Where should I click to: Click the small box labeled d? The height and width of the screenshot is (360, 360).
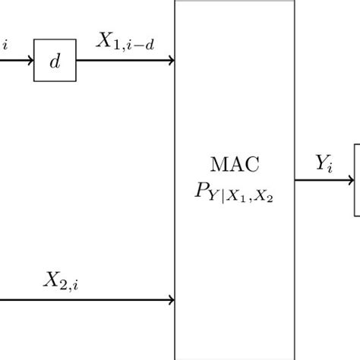(x=55, y=62)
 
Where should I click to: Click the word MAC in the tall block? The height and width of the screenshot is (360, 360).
(x=235, y=164)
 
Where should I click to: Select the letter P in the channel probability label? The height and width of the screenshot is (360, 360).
(x=202, y=191)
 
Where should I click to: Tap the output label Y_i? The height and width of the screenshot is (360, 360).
(x=324, y=163)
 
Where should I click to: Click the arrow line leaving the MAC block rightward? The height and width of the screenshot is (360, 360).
(x=319, y=181)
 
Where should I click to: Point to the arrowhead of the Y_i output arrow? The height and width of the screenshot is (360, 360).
(x=349, y=181)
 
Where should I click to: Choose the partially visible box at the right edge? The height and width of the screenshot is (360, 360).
(x=357, y=181)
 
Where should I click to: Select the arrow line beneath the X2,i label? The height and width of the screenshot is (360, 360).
(x=84, y=300)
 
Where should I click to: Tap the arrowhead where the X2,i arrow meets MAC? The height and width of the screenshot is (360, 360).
(x=171, y=300)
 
